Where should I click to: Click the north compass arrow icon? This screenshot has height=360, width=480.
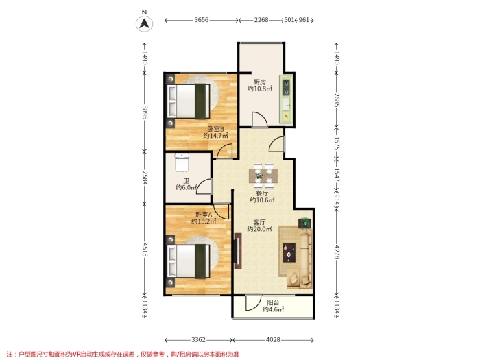[145, 23]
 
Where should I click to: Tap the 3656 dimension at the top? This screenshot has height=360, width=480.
[202, 20]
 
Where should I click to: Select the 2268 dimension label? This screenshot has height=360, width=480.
[261, 20]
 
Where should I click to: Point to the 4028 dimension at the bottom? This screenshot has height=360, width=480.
[273, 340]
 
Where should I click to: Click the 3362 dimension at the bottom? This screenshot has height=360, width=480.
[198, 340]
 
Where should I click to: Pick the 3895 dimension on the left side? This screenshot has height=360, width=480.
[145, 112]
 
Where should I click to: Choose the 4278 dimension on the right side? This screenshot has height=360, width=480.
[337, 252]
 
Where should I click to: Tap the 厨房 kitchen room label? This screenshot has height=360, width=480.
[260, 82]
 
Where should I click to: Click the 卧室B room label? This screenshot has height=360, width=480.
[215, 129]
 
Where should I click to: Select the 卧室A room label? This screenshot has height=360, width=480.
[204, 215]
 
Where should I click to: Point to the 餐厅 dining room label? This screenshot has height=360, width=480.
[262, 193]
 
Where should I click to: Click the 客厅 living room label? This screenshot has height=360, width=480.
[259, 222]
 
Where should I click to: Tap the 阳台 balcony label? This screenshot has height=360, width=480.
[273, 303]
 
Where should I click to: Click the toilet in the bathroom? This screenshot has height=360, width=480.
[182, 163]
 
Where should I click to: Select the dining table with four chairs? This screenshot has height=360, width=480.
[263, 176]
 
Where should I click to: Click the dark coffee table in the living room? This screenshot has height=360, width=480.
[289, 252]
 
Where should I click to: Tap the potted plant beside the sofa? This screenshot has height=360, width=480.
[304, 223]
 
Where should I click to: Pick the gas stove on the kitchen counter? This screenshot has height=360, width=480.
[286, 87]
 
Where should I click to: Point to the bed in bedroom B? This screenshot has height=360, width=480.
[189, 101]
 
